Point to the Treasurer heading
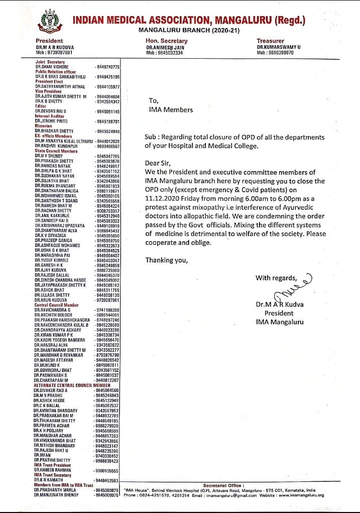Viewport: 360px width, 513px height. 270,41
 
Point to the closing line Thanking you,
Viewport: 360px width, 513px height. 166,260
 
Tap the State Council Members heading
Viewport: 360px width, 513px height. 56,151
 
